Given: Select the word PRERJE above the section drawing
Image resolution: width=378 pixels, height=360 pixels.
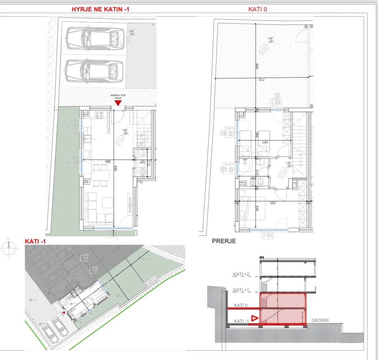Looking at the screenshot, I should [224, 241].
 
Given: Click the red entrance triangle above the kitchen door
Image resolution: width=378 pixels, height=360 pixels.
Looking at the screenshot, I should [118, 103].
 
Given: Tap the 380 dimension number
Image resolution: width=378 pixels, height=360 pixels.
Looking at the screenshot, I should [108, 161].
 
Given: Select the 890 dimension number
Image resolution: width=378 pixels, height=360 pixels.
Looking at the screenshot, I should [115, 169].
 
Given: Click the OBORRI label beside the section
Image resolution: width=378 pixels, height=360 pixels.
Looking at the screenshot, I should [320, 320].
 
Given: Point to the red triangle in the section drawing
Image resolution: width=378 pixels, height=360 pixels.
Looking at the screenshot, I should [255, 319].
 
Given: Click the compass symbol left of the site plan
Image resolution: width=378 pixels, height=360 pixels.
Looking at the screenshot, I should [8, 247].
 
